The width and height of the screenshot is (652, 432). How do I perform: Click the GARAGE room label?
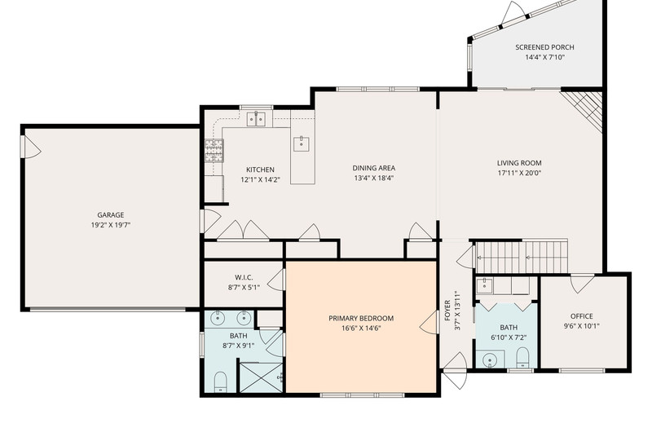111,215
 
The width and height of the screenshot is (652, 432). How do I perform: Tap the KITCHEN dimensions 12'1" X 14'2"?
260,180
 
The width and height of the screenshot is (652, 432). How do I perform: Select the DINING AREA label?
374,168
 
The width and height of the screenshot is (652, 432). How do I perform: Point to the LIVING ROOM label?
519,163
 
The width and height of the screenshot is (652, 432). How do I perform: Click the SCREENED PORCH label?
544,47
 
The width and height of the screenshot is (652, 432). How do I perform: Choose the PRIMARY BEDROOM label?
361,319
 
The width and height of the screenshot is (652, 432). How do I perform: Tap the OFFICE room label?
582,316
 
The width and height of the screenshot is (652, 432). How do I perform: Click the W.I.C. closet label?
244,277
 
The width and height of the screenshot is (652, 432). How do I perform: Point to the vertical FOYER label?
447,311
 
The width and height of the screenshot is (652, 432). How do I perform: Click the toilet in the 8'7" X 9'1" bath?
220,381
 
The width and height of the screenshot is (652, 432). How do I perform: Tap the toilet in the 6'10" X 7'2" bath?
522,357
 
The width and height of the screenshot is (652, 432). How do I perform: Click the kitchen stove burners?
214,151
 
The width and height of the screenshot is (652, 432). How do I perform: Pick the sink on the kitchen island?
302,143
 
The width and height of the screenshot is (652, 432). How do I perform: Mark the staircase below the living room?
522,257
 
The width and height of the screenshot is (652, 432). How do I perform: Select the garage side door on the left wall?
31,147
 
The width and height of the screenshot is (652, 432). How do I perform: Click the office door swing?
582,284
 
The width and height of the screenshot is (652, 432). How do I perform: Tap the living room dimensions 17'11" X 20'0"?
519,174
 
